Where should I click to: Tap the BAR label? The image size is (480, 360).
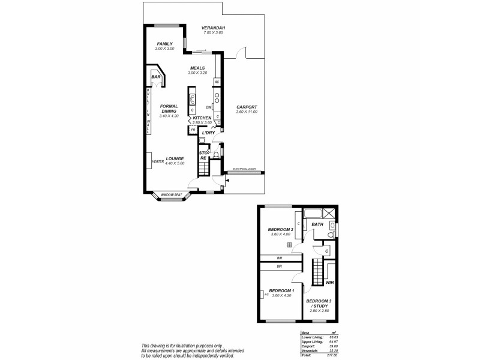155,77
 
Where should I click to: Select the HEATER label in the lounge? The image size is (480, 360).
158,161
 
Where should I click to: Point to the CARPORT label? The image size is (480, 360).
247,107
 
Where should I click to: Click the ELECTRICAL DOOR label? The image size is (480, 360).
244,169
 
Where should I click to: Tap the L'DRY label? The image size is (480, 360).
208,133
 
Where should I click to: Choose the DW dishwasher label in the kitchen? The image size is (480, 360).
208,107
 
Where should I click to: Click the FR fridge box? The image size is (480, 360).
193,129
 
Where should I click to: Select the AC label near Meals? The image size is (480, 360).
217,82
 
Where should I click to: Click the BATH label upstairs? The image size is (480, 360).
317,224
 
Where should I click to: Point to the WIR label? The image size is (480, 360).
329,282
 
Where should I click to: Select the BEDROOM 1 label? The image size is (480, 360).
282,290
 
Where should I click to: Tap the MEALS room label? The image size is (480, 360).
197,68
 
